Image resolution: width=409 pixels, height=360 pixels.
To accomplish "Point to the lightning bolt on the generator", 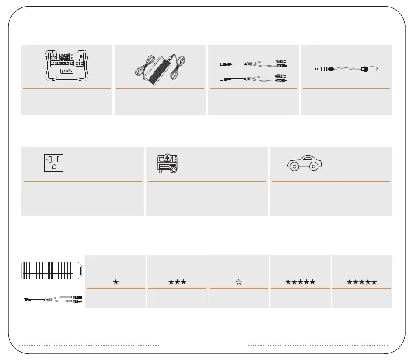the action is point(168,158).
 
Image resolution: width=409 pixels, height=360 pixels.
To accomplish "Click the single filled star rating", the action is point(115,282).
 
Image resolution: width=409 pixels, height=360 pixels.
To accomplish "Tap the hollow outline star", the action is point(239,282).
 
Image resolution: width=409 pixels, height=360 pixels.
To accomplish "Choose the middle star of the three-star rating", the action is point(177,282).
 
